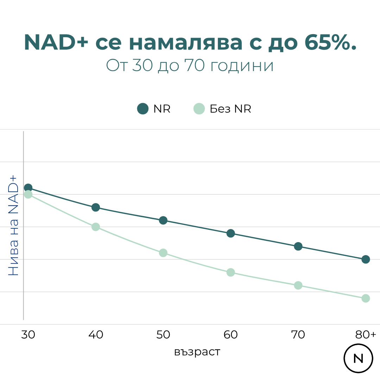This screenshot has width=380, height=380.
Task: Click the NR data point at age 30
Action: (x=28, y=188)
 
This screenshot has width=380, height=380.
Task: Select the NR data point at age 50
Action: (x=163, y=220)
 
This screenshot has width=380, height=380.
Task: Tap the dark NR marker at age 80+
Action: (x=366, y=259)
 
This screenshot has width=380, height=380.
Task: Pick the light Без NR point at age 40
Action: (x=96, y=227)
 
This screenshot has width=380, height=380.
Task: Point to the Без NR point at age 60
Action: (x=231, y=272)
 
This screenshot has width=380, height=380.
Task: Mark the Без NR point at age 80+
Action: (x=366, y=298)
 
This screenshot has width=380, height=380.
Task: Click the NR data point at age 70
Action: (x=298, y=246)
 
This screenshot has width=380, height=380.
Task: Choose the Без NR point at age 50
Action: (x=163, y=253)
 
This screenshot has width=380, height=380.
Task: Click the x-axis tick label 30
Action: (x=28, y=335)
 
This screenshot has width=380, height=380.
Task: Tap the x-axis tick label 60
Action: (x=231, y=335)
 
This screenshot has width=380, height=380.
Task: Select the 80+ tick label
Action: (x=366, y=335)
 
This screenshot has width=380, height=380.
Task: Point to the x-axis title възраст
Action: (x=197, y=352)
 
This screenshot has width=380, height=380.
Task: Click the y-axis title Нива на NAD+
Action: (x=13, y=225)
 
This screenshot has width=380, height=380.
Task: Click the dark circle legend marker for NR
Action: (x=143, y=109)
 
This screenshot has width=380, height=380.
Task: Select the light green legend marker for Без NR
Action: (x=199, y=109)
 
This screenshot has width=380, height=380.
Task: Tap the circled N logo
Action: (x=358, y=359)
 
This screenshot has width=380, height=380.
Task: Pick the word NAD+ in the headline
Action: (x=56, y=43)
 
